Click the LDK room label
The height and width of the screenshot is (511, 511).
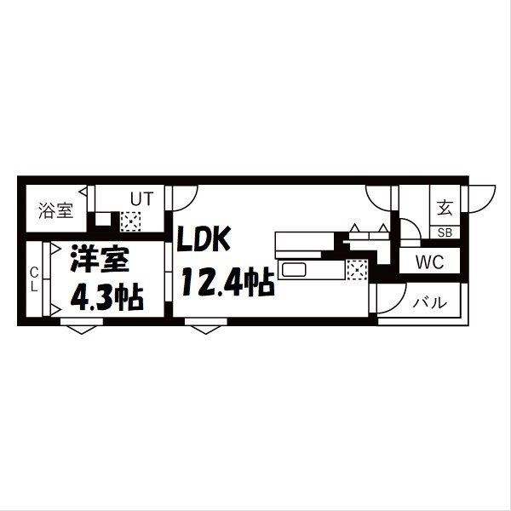(x=204, y=241)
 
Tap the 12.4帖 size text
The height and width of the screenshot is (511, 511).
(x=226, y=281)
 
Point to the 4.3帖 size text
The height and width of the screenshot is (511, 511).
(x=106, y=298)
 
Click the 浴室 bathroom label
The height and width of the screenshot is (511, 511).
(x=56, y=210)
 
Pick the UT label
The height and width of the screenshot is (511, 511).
(x=141, y=199)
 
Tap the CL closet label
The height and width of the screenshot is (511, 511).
(x=34, y=279)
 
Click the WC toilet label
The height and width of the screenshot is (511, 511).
(x=429, y=262)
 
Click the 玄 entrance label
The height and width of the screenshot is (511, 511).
(x=445, y=207)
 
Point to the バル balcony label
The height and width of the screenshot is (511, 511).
(x=429, y=302)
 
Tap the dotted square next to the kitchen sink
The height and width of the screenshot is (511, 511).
(x=356, y=270)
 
